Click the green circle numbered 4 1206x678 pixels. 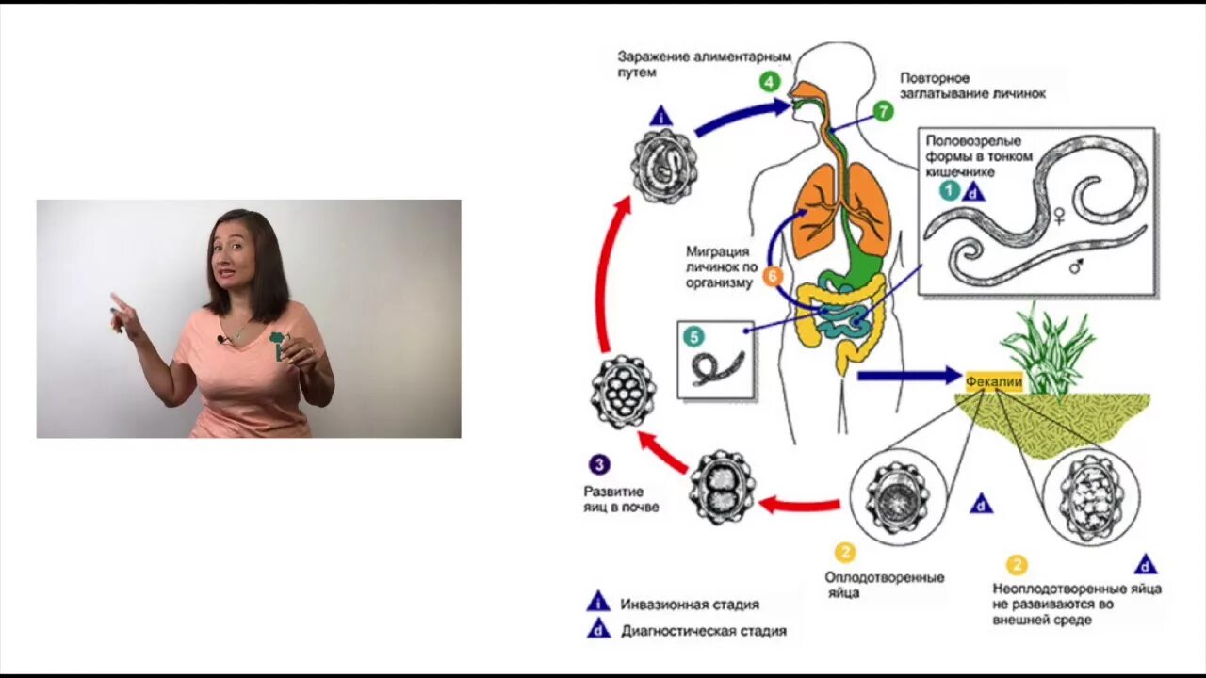pos(770,81)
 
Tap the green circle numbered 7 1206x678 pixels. pos(882,111)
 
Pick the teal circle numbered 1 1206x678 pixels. pos(949,191)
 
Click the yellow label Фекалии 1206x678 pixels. pos(986,381)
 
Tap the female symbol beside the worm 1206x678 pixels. pos(1058,218)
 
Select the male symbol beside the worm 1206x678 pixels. pos(1076,266)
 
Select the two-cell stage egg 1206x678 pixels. pos(722,486)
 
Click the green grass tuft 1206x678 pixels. pos(1047,348)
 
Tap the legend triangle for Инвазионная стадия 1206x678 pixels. pos(598,603)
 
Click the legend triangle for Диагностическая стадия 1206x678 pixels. pos(598,629)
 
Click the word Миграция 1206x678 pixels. pos(718,251)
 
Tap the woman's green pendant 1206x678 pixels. pos(276,343)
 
